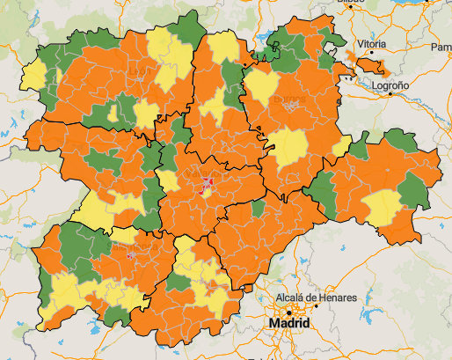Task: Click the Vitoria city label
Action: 371,43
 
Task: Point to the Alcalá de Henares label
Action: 316,298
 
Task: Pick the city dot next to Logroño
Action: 390,94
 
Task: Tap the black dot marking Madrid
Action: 288,312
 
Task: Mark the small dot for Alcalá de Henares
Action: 312,308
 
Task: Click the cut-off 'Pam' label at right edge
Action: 441,47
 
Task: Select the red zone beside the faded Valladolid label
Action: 208,182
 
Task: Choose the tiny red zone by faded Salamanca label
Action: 131,255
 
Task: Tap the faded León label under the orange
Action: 137,71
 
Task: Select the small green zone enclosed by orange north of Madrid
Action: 258,209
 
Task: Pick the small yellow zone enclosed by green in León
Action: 113,113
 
